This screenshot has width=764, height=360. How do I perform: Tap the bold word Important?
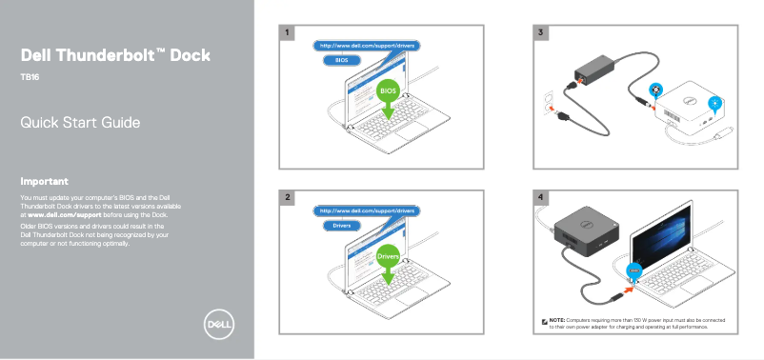45,181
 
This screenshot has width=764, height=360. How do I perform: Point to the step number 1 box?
288,33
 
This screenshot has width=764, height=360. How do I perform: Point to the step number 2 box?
288,197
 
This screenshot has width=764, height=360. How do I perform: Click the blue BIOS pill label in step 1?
336,60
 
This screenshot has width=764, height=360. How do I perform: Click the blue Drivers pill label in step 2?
341,226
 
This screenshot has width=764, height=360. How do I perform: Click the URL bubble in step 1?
368,45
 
